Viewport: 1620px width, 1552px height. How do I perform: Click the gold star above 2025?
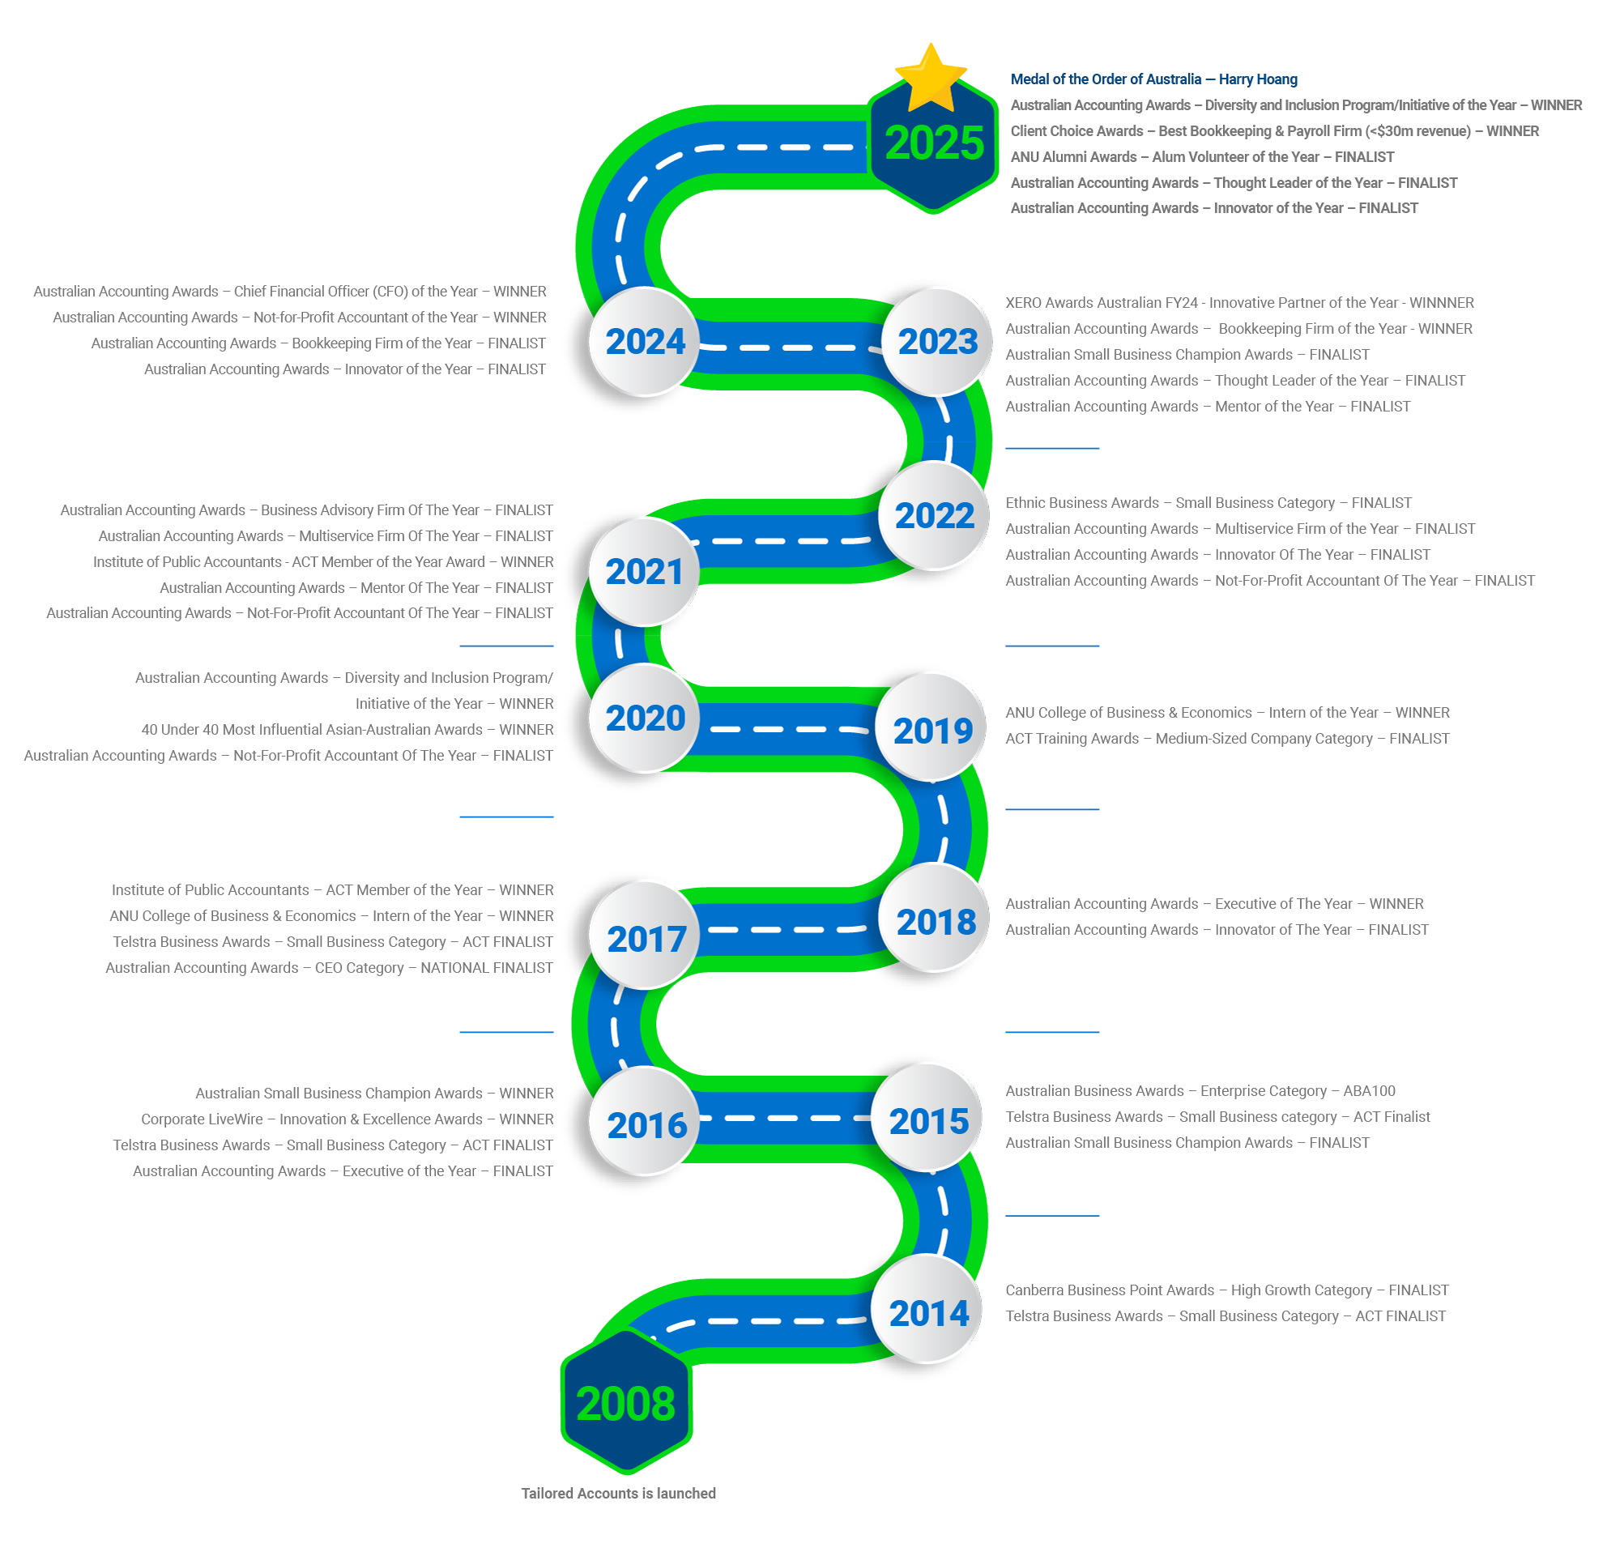click(931, 78)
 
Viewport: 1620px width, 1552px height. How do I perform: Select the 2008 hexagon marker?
click(626, 1402)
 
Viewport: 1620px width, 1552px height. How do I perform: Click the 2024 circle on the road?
click(645, 341)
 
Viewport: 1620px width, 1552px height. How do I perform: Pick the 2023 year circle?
click(937, 341)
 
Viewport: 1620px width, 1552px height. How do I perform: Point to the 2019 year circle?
click(932, 730)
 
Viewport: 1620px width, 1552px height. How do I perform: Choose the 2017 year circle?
click(646, 938)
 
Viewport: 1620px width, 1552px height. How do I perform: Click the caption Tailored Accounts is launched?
click(618, 1493)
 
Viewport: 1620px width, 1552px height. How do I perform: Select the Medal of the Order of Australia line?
click(1153, 79)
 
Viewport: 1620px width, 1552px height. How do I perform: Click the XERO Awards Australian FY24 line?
click(1239, 302)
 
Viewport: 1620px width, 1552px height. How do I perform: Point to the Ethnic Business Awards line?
click(1208, 502)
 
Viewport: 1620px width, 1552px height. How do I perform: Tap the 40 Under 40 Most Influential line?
click(347, 729)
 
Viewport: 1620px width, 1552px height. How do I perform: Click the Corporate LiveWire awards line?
click(347, 1118)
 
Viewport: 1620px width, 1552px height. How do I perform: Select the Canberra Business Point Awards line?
click(1226, 1290)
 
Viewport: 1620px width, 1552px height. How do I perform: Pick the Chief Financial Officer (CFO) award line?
click(289, 291)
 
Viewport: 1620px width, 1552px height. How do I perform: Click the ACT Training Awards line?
click(1226, 738)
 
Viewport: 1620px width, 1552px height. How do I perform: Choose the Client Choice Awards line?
click(1273, 130)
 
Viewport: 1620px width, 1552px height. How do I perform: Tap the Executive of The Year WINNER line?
click(1213, 903)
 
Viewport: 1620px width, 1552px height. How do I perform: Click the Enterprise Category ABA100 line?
click(1200, 1090)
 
